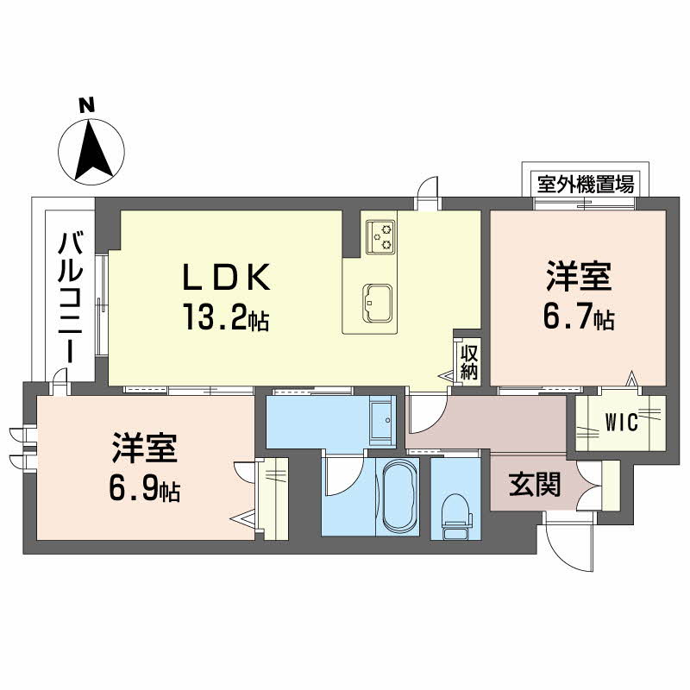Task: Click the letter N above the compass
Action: (85, 106)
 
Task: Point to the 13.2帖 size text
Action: (225, 319)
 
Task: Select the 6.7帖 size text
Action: (578, 319)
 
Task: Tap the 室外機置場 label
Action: (586, 183)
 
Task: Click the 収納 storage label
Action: (468, 361)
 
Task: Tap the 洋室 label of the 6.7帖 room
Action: (578, 279)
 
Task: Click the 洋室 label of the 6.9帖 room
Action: (144, 450)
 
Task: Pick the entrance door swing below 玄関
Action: (568, 538)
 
